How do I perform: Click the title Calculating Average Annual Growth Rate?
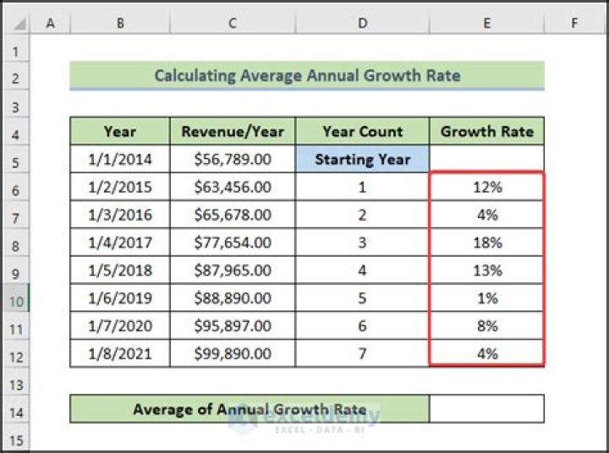[307, 75]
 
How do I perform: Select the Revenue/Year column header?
[233, 131]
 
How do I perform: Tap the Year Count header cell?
[363, 131]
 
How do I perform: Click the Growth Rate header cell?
[487, 131]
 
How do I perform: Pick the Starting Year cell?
[363, 159]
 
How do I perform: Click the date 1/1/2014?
[120, 159]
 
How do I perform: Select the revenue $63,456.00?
[233, 187]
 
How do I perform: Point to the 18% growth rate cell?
[487, 243]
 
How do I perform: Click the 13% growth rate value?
[487, 270]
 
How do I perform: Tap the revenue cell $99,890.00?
[233, 353]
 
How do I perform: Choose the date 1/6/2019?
[120, 298]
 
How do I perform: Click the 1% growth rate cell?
[487, 298]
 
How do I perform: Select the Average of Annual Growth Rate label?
[250, 410]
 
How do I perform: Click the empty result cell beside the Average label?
[487, 410]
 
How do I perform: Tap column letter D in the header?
[363, 24]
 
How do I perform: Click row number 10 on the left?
[15, 298]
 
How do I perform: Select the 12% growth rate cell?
[487, 187]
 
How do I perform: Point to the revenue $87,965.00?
[233, 270]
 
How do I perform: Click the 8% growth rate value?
[487, 326]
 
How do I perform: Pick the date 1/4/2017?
[120, 243]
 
